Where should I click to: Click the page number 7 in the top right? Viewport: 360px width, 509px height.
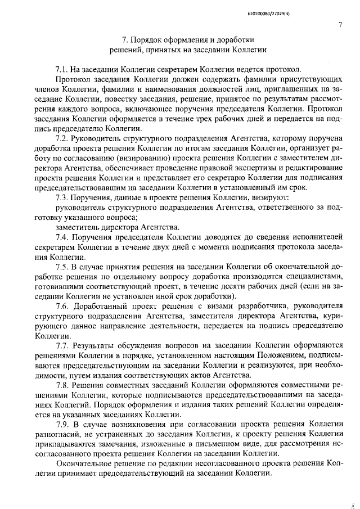[x=341, y=24]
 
